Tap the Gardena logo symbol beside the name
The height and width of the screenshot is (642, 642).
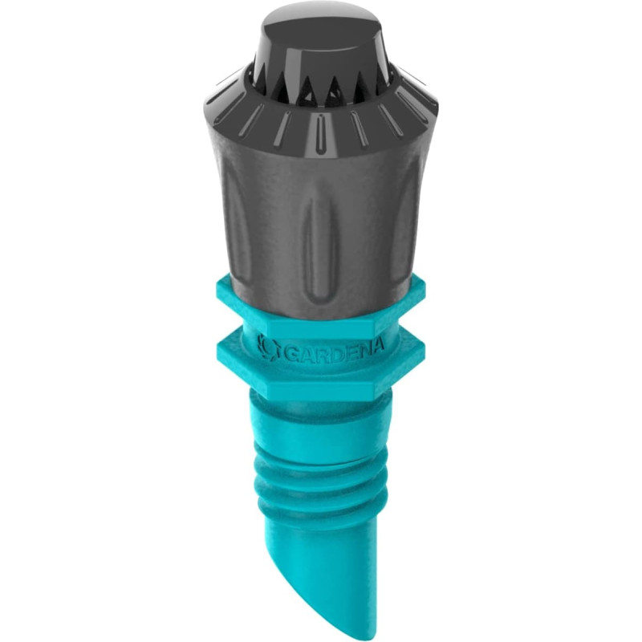click(x=269, y=347)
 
